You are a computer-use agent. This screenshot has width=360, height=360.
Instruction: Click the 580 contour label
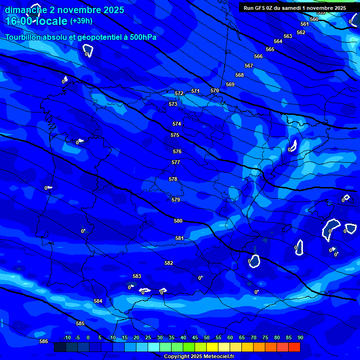[178, 221]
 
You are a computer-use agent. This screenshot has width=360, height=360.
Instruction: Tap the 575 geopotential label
[175, 135]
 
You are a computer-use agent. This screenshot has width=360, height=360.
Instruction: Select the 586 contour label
[44, 341]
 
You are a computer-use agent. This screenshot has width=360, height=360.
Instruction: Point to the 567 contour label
[249, 66]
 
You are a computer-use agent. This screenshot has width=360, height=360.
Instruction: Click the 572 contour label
[179, 93]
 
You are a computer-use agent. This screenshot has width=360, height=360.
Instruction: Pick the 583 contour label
[137, 276]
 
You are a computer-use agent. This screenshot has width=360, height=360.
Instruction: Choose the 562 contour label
[301, 32]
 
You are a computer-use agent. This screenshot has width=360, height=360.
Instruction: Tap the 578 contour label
[173, 179]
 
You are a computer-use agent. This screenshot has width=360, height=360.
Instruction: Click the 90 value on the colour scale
[300, 337]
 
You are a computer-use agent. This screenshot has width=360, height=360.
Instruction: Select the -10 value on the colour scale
[67, 337]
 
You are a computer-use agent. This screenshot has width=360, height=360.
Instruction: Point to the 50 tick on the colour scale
[207, 337]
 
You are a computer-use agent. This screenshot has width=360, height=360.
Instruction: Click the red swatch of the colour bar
[294, 347]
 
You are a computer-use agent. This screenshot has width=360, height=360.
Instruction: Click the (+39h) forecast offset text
[81, 21]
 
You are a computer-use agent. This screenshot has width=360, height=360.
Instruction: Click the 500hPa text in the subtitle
[141, 37]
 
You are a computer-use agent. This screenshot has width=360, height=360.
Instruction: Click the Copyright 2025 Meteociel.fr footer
[199, 356]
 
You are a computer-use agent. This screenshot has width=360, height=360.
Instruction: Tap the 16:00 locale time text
[36, 21]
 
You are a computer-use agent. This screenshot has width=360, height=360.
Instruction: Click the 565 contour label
[270, 49]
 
